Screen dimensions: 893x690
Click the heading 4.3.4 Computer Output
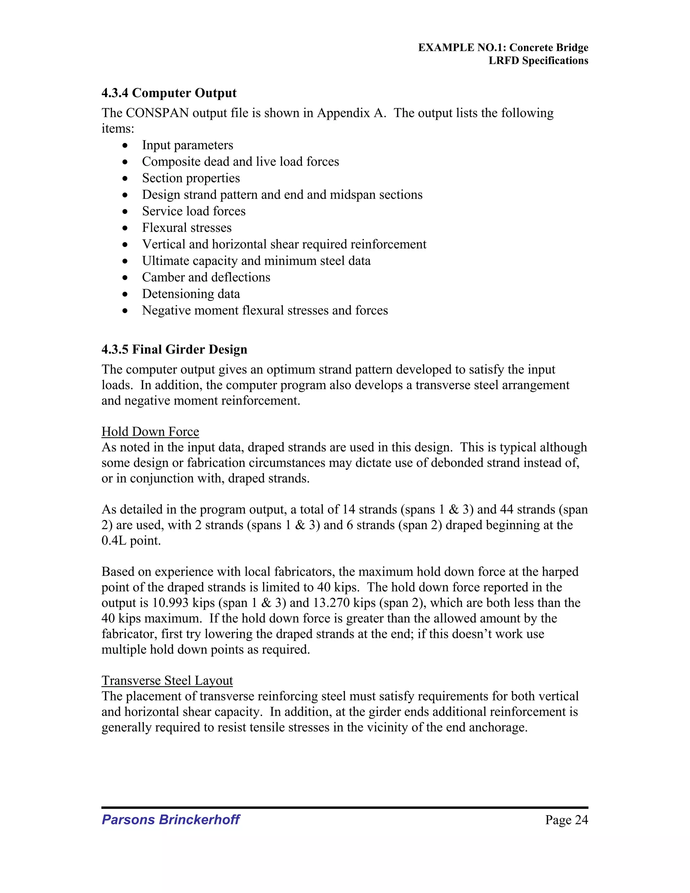(169, 93)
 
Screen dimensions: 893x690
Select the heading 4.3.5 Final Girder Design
(174, 349)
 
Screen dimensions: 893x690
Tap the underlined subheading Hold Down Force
(150, 432)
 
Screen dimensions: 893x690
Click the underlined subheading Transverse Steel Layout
(167, 680)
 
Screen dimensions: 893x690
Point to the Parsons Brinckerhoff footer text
(170, 820)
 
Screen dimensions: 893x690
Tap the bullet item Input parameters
(187, 145)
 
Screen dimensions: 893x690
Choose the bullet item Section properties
(191, 178)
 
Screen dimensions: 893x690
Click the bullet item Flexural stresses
(187, 228)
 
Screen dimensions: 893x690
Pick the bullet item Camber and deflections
(206, 277)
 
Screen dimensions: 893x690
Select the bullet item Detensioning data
(191, 294)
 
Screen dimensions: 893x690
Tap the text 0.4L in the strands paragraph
(115, 541)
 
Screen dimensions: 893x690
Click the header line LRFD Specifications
(538, 61)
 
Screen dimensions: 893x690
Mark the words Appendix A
(351, 113)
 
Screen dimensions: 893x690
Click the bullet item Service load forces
(194, 211)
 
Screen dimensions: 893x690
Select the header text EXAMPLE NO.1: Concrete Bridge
(503, 48)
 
